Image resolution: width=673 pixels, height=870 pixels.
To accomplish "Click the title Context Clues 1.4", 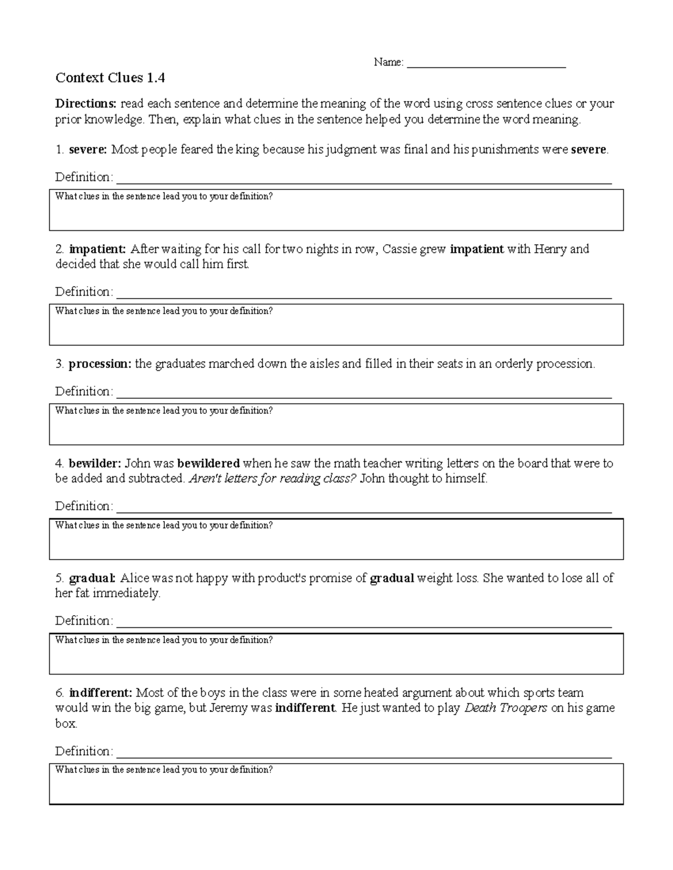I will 110,78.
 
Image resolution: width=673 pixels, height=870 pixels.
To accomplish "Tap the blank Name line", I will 486,63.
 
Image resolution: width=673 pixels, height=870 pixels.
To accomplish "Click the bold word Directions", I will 85,104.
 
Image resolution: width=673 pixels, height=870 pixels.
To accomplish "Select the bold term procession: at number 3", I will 100,364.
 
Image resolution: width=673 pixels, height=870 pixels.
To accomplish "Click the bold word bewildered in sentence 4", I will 209,464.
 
